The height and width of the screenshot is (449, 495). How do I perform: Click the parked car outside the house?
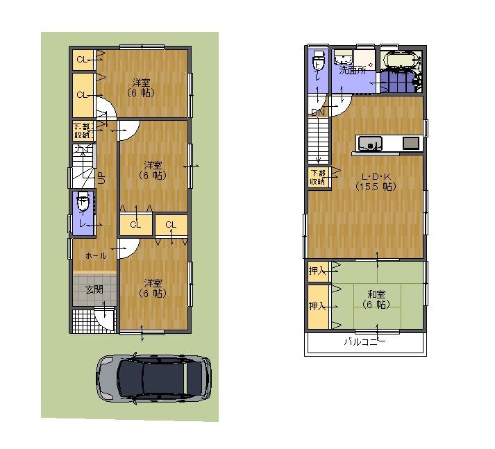click(x=153, y=378)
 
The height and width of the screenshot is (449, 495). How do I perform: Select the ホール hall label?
click(x=96, y=256)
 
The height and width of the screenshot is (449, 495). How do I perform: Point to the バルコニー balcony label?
click(x=364, y=342)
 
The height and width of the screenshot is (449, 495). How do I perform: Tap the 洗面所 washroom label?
click(x=353, y=70)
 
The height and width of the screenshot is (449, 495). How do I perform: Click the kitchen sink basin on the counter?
click(x=370, y=144)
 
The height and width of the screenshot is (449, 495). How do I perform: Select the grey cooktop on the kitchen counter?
click(x=410, y=143)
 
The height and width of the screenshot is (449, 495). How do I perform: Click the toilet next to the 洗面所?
click(x=319, y=64)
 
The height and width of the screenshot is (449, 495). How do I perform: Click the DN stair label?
click(x=318, y=112)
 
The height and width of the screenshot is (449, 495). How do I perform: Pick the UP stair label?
click(x=101, y=178)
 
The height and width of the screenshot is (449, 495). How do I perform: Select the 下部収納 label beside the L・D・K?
click(x=317, y=177)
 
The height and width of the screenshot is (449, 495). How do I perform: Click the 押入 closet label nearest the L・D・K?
click(x=317, y=271)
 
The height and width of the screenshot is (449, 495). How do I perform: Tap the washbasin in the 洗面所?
click(x=343, y=58)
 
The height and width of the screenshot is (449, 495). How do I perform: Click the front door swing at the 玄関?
click(x=104, y=318)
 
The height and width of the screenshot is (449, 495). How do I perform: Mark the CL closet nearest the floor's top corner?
click(x=83, y=60)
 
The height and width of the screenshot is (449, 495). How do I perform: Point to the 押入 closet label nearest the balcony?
click(x=317, y=306)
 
